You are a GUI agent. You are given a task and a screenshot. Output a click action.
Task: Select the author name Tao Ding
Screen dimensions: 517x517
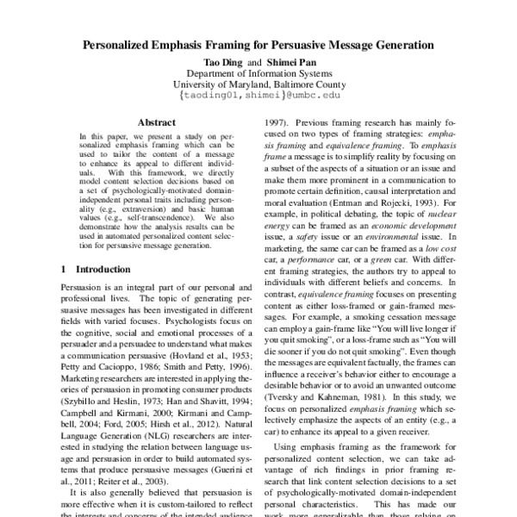click(221, 61)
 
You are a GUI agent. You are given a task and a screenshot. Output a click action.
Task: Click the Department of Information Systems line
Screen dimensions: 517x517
click(258, 73)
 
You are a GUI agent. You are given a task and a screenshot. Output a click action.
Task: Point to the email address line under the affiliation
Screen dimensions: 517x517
click(258, 98)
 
